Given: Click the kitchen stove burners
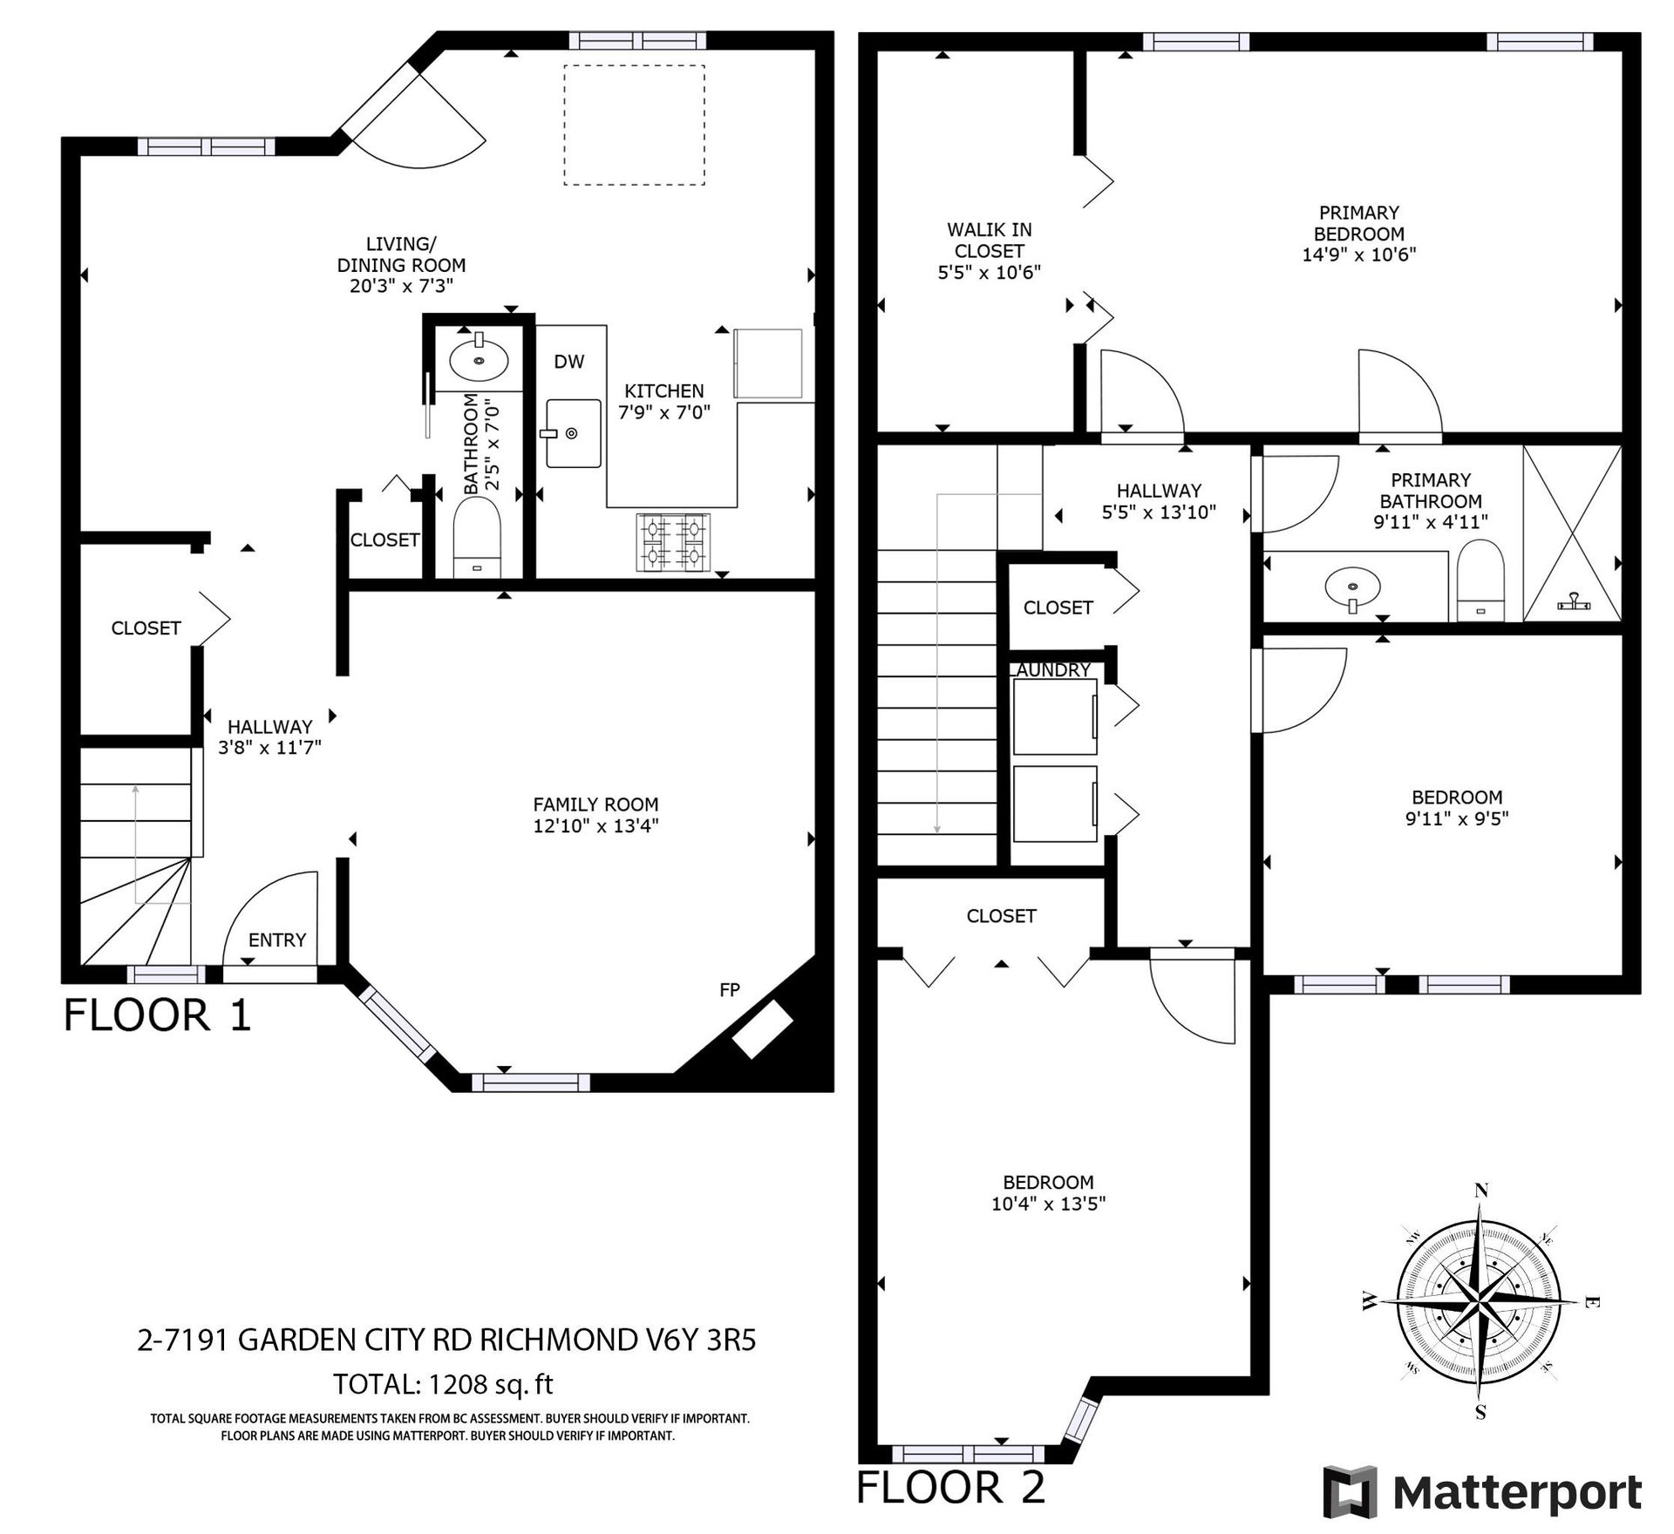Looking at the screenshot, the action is (674, 542).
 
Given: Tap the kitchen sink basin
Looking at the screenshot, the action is (573, 433).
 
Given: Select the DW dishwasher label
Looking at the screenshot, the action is (569, 362).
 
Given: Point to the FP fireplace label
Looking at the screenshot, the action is (730, 989).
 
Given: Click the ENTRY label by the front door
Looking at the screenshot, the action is (277, 940).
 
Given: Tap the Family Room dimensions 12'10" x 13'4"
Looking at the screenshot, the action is (595, 825).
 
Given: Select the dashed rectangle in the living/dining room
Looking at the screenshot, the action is (634, 125).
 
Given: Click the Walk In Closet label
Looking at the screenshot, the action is (990, 241).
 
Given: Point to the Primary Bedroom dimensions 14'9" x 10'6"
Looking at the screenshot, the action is (1359, 255).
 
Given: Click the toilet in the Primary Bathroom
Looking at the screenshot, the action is (1481, 580).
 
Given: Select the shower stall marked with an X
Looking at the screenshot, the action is (1572, 533).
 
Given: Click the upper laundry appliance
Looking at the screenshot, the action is (1055, 716).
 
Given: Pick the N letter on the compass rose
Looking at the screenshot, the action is (1480, 1191).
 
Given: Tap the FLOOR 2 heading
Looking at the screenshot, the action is (951, 1487).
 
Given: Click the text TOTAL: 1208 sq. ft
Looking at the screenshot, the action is (443, 1384).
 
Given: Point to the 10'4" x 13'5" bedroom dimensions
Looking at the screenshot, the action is (1049, 1204).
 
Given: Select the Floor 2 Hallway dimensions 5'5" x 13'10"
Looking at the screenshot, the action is (1159, 512).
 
